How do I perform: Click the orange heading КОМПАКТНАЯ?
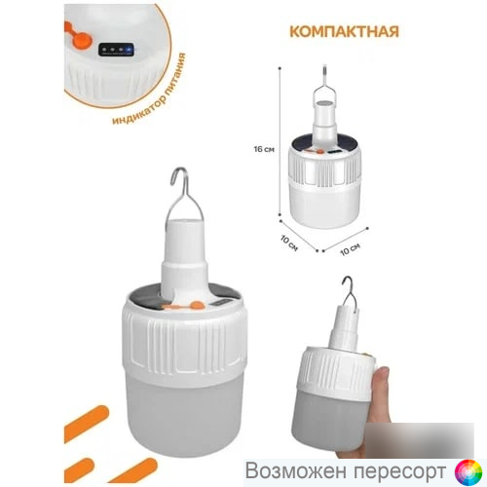344,32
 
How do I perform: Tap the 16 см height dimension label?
264,149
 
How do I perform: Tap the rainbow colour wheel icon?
468,472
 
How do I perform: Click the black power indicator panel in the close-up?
116,50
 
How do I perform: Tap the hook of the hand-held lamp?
352,295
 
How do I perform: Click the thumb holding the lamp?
382,379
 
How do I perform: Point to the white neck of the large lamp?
185,256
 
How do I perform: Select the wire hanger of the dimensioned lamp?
325,87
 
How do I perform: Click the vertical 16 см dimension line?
280,141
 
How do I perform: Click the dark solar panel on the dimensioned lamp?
324,143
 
